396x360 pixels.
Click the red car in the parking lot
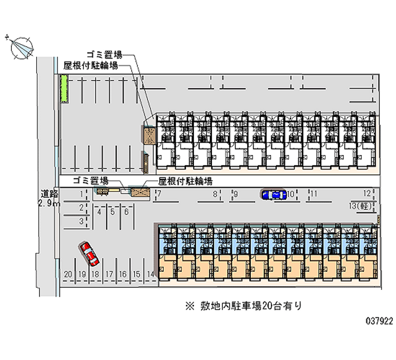point(90,254)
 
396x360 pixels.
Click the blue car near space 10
point(274,195)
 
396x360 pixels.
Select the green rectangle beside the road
point(63,89)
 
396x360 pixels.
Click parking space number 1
point(81,194)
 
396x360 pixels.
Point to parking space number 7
point(159,194)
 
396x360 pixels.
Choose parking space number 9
point(236,194)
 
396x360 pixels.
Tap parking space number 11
point(313,194)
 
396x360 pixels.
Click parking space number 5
point(112,212)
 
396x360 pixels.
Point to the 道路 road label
point(49,194)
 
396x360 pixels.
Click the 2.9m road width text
point(50,204)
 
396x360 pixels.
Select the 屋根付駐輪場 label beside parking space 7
point(185,181)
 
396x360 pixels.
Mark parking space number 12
point(367,194)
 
